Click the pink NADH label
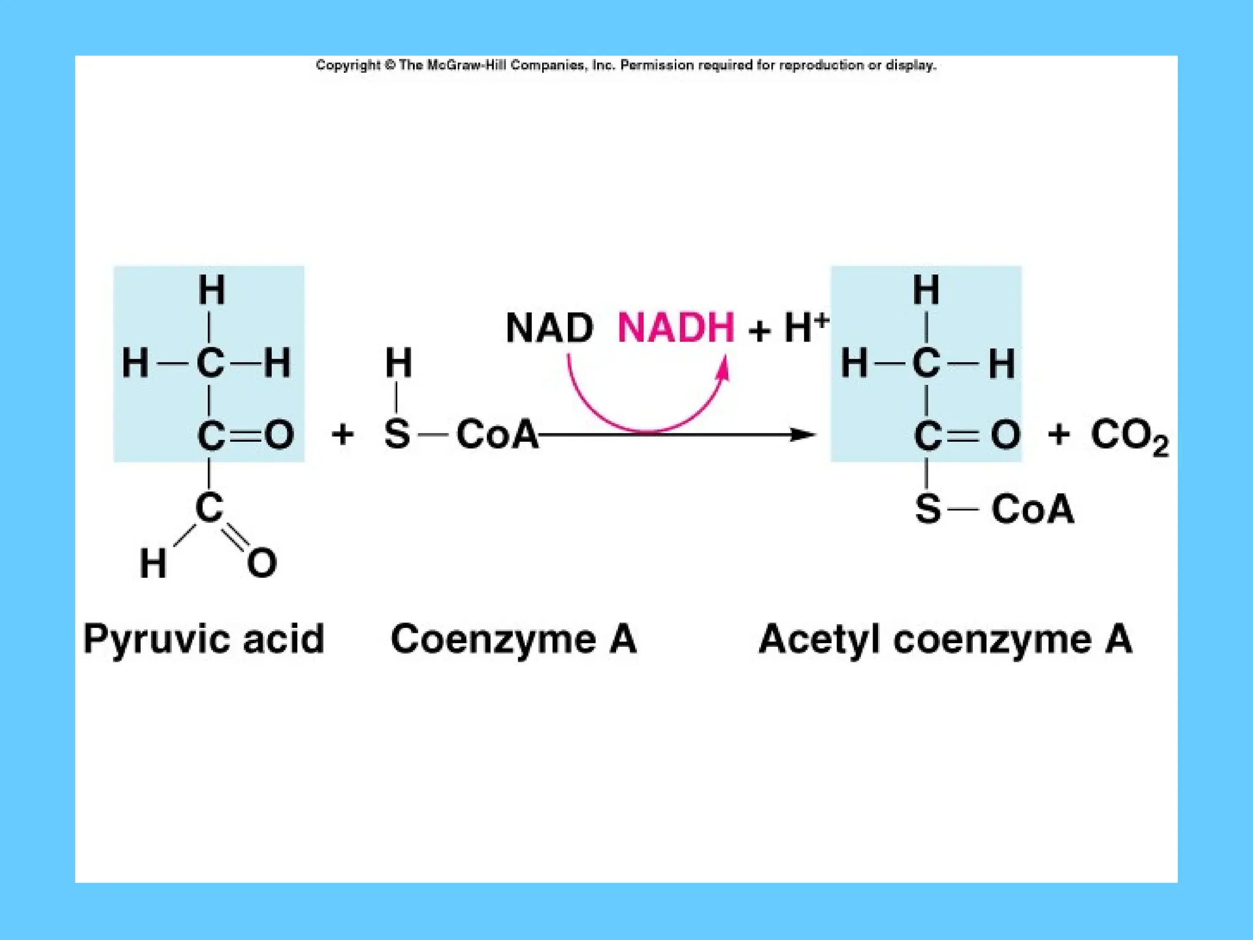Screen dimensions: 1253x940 pos(675,328)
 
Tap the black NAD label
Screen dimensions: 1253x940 pos(549,328)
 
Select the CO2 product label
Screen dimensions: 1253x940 pos(1129,436)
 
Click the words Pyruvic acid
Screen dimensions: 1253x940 pos(203,640)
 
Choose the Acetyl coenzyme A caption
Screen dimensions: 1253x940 pos(945,640)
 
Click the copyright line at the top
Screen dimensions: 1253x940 pos(626,65)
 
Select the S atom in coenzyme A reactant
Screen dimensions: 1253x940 pos(397,435)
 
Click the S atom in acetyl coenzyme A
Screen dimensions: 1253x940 pos(928,509)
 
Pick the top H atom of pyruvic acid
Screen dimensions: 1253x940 pos(212,290)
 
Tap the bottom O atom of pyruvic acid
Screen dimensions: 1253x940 pos(262,563)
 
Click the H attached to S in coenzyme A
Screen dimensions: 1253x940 pos(398,362)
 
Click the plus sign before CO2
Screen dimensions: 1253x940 pos(1059,435)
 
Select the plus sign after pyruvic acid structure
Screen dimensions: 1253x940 pos(343,435)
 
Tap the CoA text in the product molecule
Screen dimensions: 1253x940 pos(1033,509)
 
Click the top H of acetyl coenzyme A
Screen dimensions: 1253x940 pos(926,290)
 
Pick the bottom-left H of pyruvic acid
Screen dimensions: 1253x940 pos(153,563)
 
